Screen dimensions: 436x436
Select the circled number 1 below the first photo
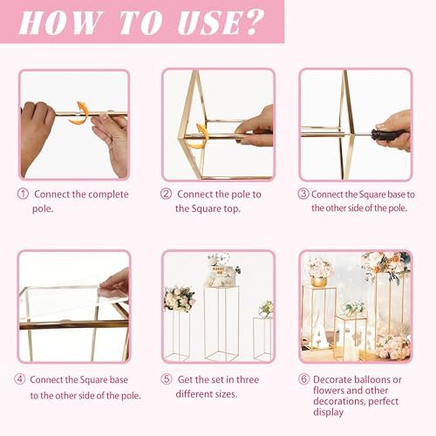click(23, 194)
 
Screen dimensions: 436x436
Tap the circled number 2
click(166, 194)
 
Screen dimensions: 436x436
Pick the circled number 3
click(303, 194)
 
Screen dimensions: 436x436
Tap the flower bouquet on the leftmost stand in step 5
click(180, 298)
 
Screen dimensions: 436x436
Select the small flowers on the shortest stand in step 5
click(265, 308)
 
